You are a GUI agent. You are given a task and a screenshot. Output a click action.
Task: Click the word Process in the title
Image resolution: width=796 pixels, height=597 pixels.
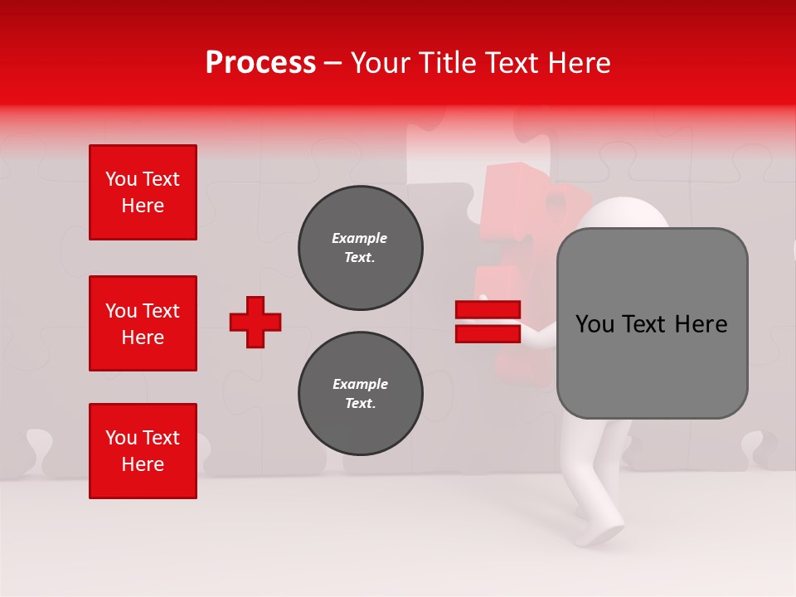pyautogui.click(x=260, y=63)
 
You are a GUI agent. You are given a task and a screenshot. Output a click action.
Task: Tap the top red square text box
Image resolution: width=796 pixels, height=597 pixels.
pyautogui.click(x=143, y=192)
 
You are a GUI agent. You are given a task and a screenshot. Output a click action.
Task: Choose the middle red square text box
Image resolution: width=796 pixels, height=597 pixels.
pyautogui.click(x=143, y=323)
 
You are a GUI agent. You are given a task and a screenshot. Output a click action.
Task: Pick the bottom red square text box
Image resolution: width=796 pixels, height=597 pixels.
pyautogui.click(x=143, y=451)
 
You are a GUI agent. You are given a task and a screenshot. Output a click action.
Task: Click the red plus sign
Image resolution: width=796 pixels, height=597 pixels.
pyautogui.click(x=255, y=322)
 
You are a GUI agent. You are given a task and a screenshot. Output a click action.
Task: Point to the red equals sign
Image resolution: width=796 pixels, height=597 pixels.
pyautogui.click(x=488, y=322)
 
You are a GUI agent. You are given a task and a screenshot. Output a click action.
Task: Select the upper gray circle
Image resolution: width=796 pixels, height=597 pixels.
pyautogui.click(x=360, y=248)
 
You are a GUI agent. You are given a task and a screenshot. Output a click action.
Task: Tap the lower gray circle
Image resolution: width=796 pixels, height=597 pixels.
pyautogui.click(x=360, y=394)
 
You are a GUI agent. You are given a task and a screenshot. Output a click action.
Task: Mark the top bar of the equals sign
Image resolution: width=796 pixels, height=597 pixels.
pyautogui.click(x=488, y=310)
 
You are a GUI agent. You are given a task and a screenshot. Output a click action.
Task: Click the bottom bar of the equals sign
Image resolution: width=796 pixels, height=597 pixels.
pyautogui.click(x=488, y=333)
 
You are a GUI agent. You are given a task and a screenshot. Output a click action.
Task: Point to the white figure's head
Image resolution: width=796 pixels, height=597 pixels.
pyautogui.click(x=622, y=217)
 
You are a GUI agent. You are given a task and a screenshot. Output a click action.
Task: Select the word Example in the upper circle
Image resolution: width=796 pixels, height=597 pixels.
pyautogui.click(x=360, y=238)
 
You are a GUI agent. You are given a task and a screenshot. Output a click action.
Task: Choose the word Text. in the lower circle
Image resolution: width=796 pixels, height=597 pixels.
pyautogui.click(x=360, y=404)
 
